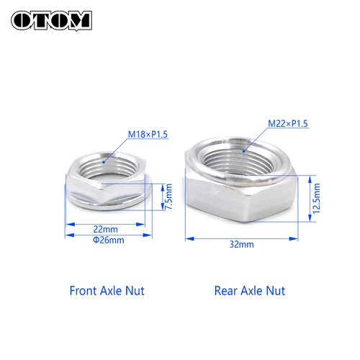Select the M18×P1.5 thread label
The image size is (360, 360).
pos(148,133)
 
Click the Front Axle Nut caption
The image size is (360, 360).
pos(107,291)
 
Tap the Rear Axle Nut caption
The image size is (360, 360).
pos(250,291)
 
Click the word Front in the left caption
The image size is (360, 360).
pos(84,291)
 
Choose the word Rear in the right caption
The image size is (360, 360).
pos(226,291)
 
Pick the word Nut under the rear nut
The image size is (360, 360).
pos(275,291)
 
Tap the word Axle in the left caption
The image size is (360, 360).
pos(114,291)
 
